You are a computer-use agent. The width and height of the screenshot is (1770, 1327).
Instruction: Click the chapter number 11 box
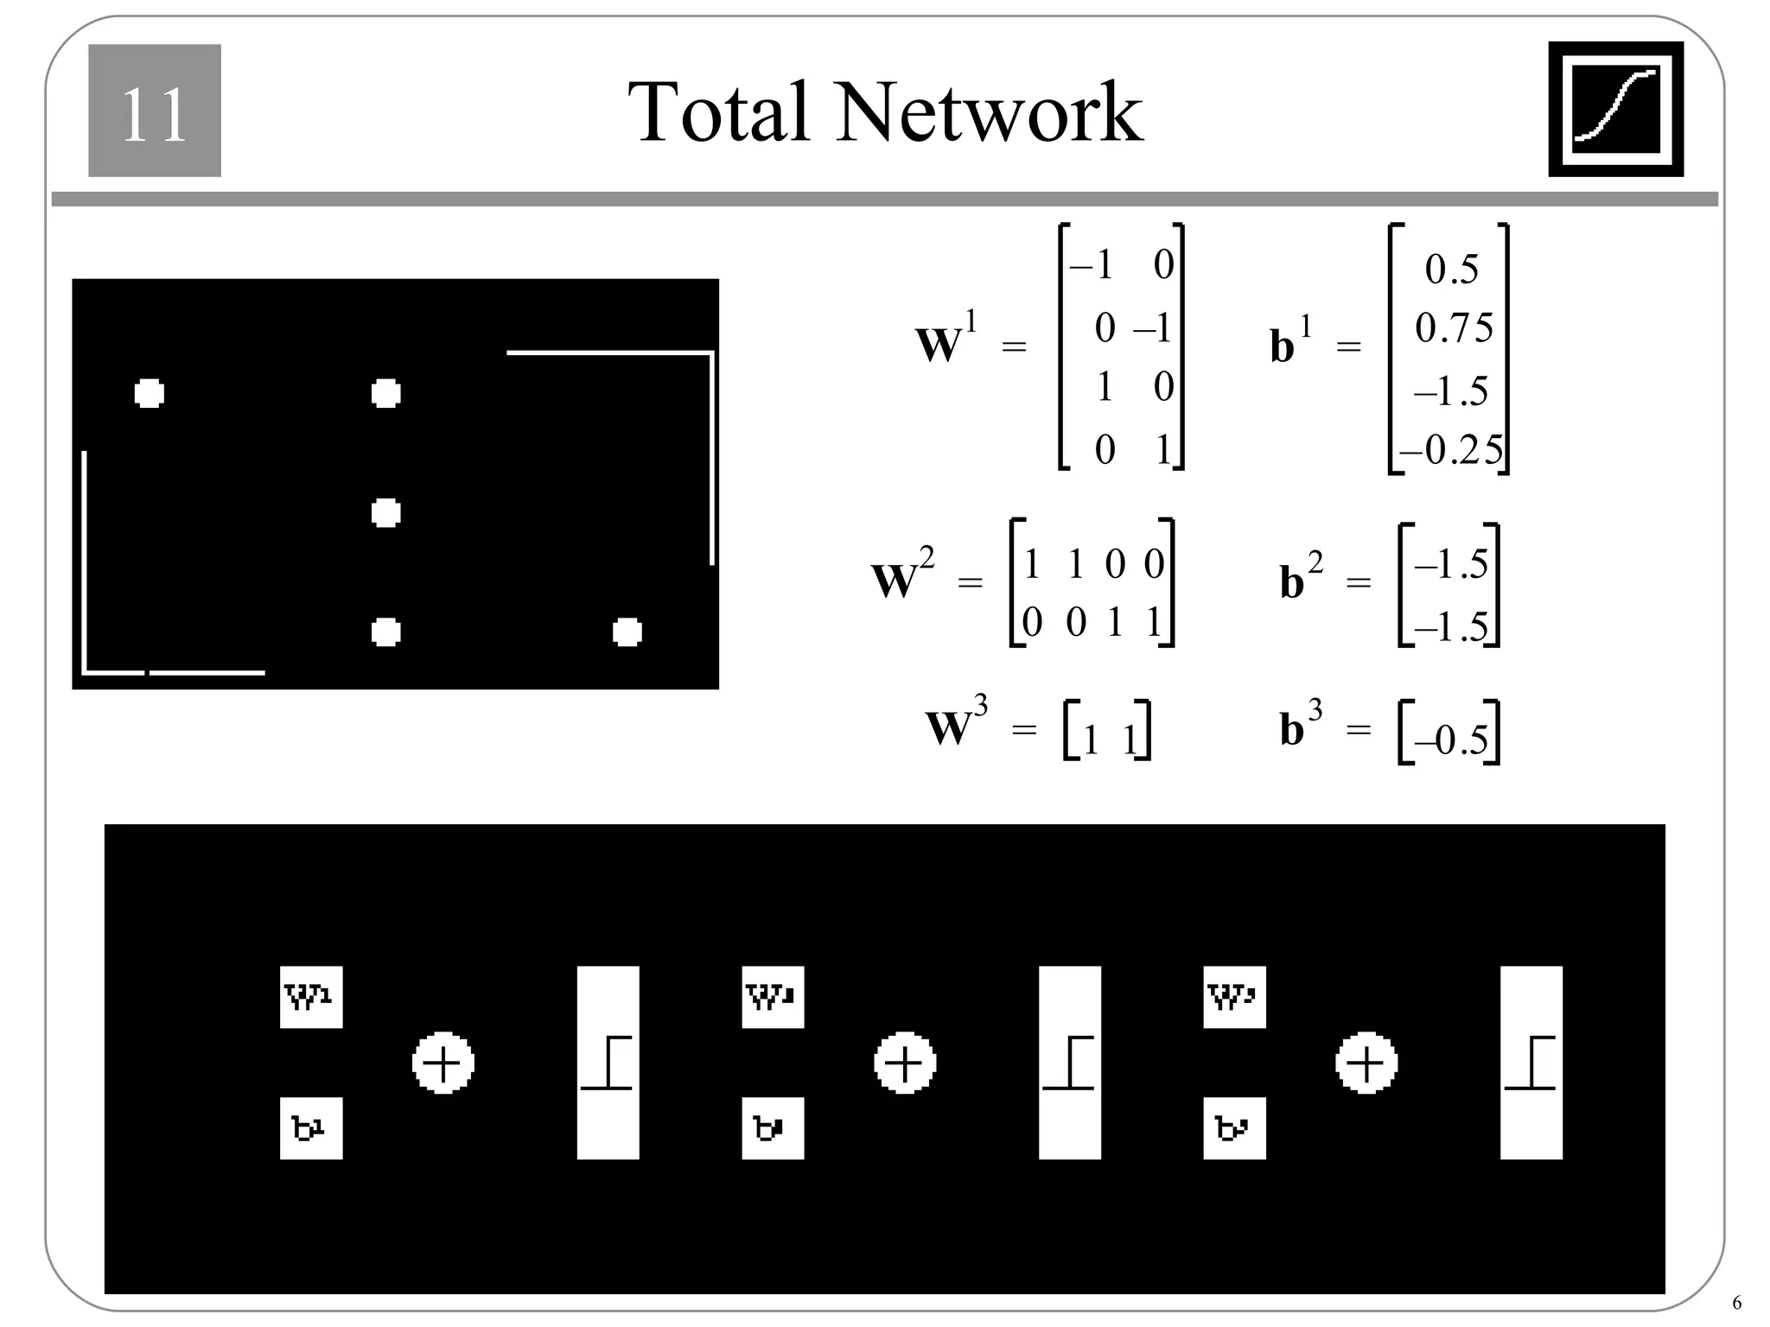[x=155, y=111]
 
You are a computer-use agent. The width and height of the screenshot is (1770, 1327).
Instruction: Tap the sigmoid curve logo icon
[x=1615, y=110]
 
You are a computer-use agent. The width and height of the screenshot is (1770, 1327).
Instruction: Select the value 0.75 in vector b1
[x=1454, y=328]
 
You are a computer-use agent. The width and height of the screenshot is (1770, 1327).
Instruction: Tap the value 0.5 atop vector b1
[x=1452, y=270]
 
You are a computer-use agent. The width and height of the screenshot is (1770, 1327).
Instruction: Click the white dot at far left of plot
[x=150, y=393]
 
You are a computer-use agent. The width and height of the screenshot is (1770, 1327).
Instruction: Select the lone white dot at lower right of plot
[x=627, y=632]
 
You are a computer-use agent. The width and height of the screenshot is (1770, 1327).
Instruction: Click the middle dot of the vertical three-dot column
[x=385, y=513]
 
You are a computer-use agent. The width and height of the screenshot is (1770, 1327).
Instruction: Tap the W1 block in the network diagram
[x=311, y=997]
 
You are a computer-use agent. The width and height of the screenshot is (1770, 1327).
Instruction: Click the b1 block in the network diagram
[x=311, y=1128]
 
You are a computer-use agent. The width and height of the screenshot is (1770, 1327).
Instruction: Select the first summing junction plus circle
[x=443, y=1063]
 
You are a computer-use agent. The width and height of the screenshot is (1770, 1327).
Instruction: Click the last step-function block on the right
[x=1531, y=1063]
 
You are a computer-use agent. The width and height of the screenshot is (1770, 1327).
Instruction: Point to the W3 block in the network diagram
[x=1234, y=997]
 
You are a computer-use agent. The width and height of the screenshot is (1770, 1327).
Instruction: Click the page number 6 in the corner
[x=1737, y=1304]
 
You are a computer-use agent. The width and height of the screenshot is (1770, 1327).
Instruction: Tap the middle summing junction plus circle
[x=905, y=1063]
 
